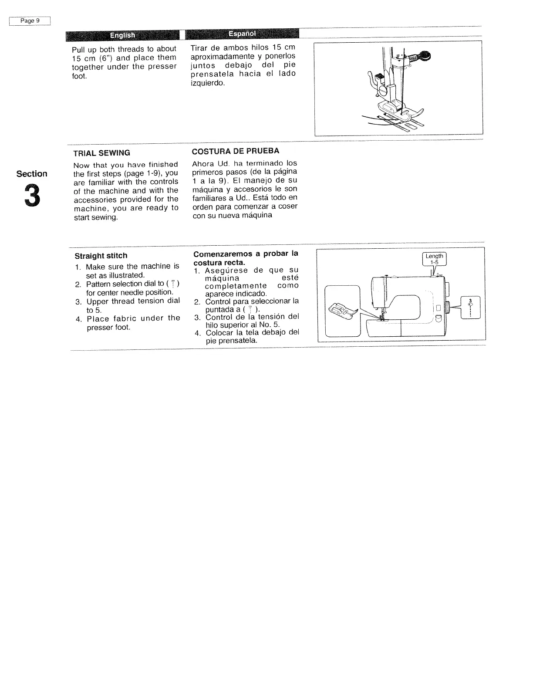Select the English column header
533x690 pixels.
click(122, 35)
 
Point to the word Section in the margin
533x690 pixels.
click(32, 174)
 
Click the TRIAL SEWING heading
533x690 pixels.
click(102, 153)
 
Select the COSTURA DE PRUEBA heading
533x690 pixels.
click(236, 151)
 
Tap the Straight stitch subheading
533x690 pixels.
click(101, 256)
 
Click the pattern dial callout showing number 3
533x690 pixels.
click(470, 308)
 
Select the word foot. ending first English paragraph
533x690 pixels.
click(80, 76)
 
